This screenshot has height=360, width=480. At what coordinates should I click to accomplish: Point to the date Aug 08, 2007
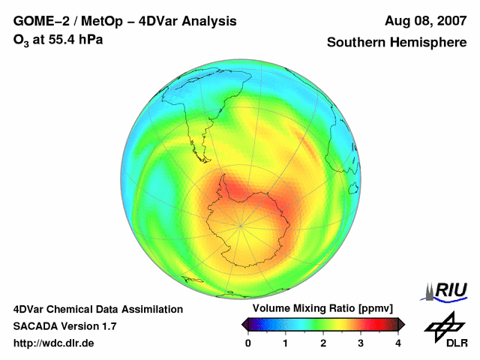(425, 21)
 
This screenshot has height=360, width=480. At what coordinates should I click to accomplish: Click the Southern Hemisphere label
(397, 43)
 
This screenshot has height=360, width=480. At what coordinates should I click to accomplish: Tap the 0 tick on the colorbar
(248, 343)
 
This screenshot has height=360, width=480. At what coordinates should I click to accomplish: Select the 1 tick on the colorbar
(286, 343)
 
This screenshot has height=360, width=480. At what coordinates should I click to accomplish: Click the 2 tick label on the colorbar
(323, 343)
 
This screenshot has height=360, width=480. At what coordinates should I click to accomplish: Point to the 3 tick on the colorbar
(361, 343)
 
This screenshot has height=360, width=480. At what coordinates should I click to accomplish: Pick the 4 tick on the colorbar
(398, 343)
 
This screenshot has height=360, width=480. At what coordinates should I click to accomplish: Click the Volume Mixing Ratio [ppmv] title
(322, 309)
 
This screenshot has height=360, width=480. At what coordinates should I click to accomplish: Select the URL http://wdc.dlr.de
(54, 343)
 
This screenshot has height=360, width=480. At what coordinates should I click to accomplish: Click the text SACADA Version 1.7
(64, 326)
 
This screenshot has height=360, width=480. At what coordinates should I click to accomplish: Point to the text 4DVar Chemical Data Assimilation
(97, 309)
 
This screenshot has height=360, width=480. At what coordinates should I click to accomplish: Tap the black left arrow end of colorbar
(245, 324)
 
